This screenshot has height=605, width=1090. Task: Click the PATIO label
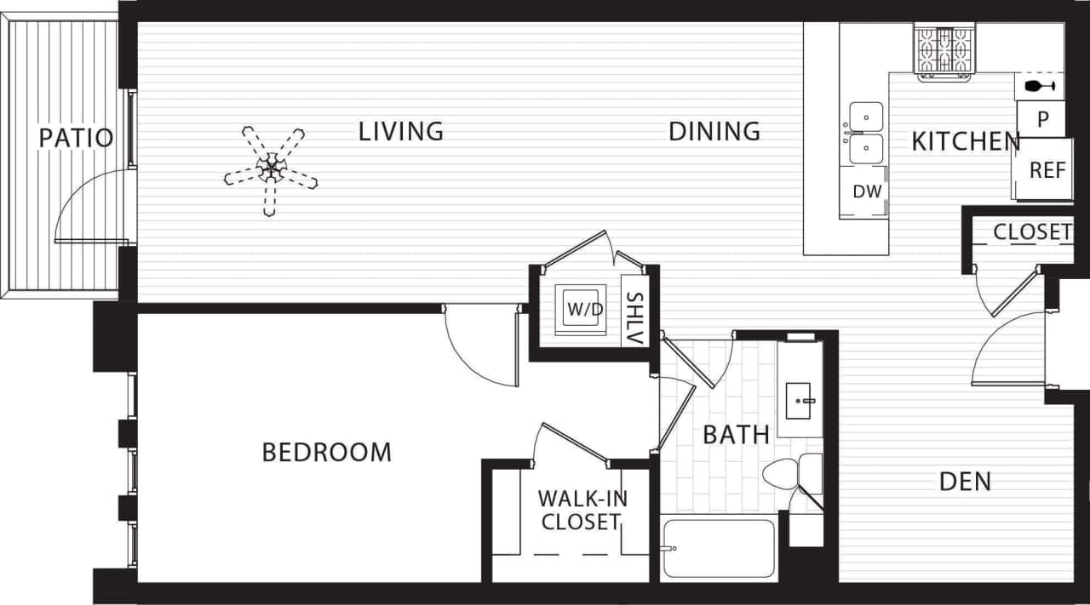(x=76, y=138)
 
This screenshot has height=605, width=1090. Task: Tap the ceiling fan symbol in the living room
(x=271, y=169)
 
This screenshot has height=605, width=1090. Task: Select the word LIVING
(x=400, y=132)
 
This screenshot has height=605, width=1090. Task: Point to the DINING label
(x=714, y=132)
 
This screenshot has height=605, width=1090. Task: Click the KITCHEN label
(x=966, y=141)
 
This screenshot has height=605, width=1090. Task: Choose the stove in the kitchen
(x=944, y=49)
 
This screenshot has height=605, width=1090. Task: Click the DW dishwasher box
(x=866, y=192)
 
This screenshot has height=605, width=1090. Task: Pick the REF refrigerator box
(x=1047, y=170)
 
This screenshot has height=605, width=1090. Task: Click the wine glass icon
(x=1039, y=86)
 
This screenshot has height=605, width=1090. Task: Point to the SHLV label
(x=634, y=318)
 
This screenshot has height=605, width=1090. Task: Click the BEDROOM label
(x=326, y=452)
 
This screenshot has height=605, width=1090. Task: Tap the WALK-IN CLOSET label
(x=582, y=510)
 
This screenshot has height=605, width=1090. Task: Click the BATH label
(x=736, y=435)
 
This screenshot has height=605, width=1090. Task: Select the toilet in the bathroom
(x=788, y=473)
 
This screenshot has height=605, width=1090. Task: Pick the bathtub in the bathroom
(x=719, y=547)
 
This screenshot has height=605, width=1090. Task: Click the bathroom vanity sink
(x=800, y=399)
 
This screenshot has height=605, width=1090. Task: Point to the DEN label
(x=965, y=482)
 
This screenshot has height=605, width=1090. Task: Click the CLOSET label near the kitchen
(x=1032, y=232)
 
